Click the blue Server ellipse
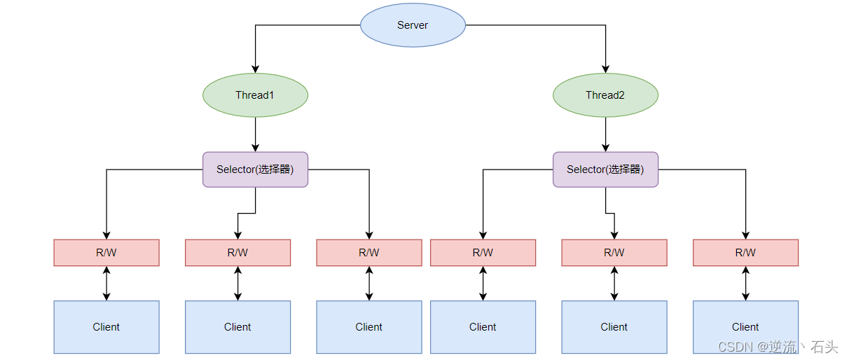413,25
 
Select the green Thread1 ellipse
255,95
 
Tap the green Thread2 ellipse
605,95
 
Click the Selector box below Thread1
255,169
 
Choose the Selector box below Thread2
605,169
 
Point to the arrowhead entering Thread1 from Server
255,69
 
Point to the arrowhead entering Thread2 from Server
605,69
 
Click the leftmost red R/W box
106,253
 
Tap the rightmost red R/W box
745,253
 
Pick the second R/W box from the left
237,253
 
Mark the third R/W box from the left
369,253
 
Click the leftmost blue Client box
106,327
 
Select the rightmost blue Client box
745,327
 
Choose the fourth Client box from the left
483,327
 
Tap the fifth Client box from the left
614,327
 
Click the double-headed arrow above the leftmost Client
106,284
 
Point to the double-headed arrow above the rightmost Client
745,284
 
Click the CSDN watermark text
778,347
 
